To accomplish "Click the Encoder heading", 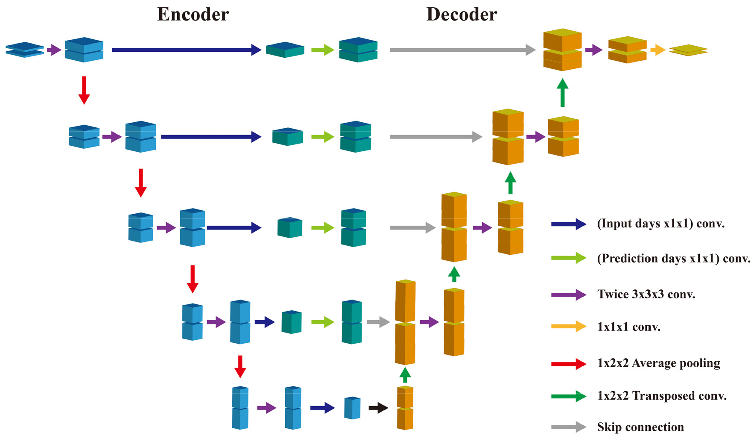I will click(x=193, y=15).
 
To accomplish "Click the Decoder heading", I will click(x=462, y=15).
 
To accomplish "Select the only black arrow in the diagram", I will click(x=378, y=408).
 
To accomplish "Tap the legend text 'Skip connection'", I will click(x=640, y=427).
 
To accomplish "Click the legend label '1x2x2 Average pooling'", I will click(x=659, y=363).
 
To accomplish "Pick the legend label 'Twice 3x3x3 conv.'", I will click(x=646, y=295).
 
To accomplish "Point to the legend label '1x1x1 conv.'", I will click(x=629, y=327).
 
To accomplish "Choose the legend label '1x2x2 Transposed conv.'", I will click(x=662, y=396).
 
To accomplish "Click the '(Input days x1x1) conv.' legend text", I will click(x=661, y=224).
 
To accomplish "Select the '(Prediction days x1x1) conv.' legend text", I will click(x=673, y=259).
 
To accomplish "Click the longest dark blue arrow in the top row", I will click(x=186, y=50).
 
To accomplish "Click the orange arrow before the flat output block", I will click(x=658, y=50).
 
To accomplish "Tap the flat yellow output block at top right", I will click(x=688, y=50).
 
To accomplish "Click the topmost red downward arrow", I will click(x=84, y=90).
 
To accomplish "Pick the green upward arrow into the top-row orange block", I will click(x=563, y=92).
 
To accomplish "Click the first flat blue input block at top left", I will click(x=25, y=50).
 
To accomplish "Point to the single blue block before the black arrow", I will click(x=352, y=408).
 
